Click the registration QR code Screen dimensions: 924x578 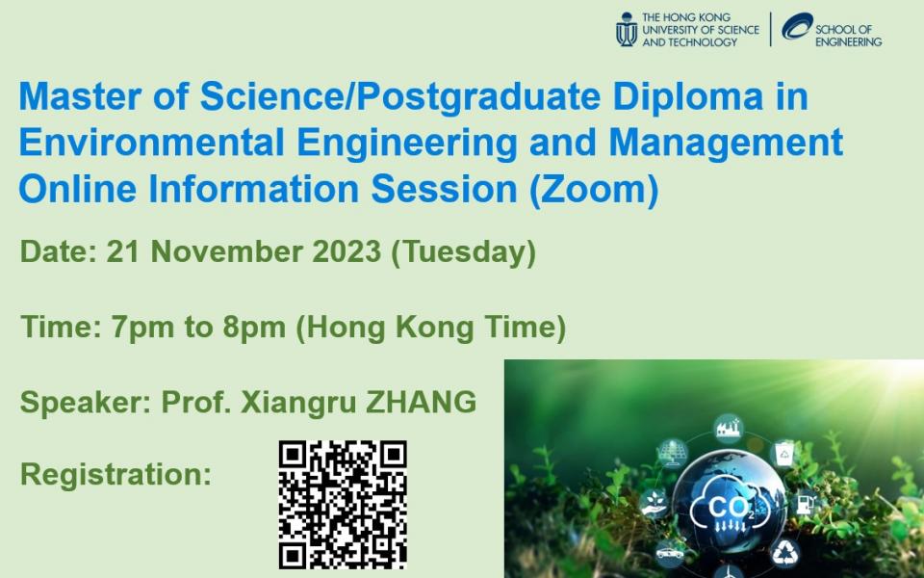(x=343, y=505)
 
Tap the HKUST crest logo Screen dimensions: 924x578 (x=627, y=30)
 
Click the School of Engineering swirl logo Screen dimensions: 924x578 (x=797, y=26)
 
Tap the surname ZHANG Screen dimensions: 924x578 (x=421, y=403)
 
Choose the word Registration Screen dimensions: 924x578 (x=116, y=474)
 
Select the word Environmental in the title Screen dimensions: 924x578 (x=151, y=143)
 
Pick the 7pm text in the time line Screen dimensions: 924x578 (x=142, y=328)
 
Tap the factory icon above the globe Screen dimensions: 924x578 (x=729, y=429)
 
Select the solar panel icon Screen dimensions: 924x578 (x=673, y=453)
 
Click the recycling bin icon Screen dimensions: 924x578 (x=783, y=454)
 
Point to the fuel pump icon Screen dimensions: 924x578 (x=805, y=504)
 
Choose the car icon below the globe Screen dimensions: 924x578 (x=670, y=553)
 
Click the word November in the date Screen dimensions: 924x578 (x=226, y=251)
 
